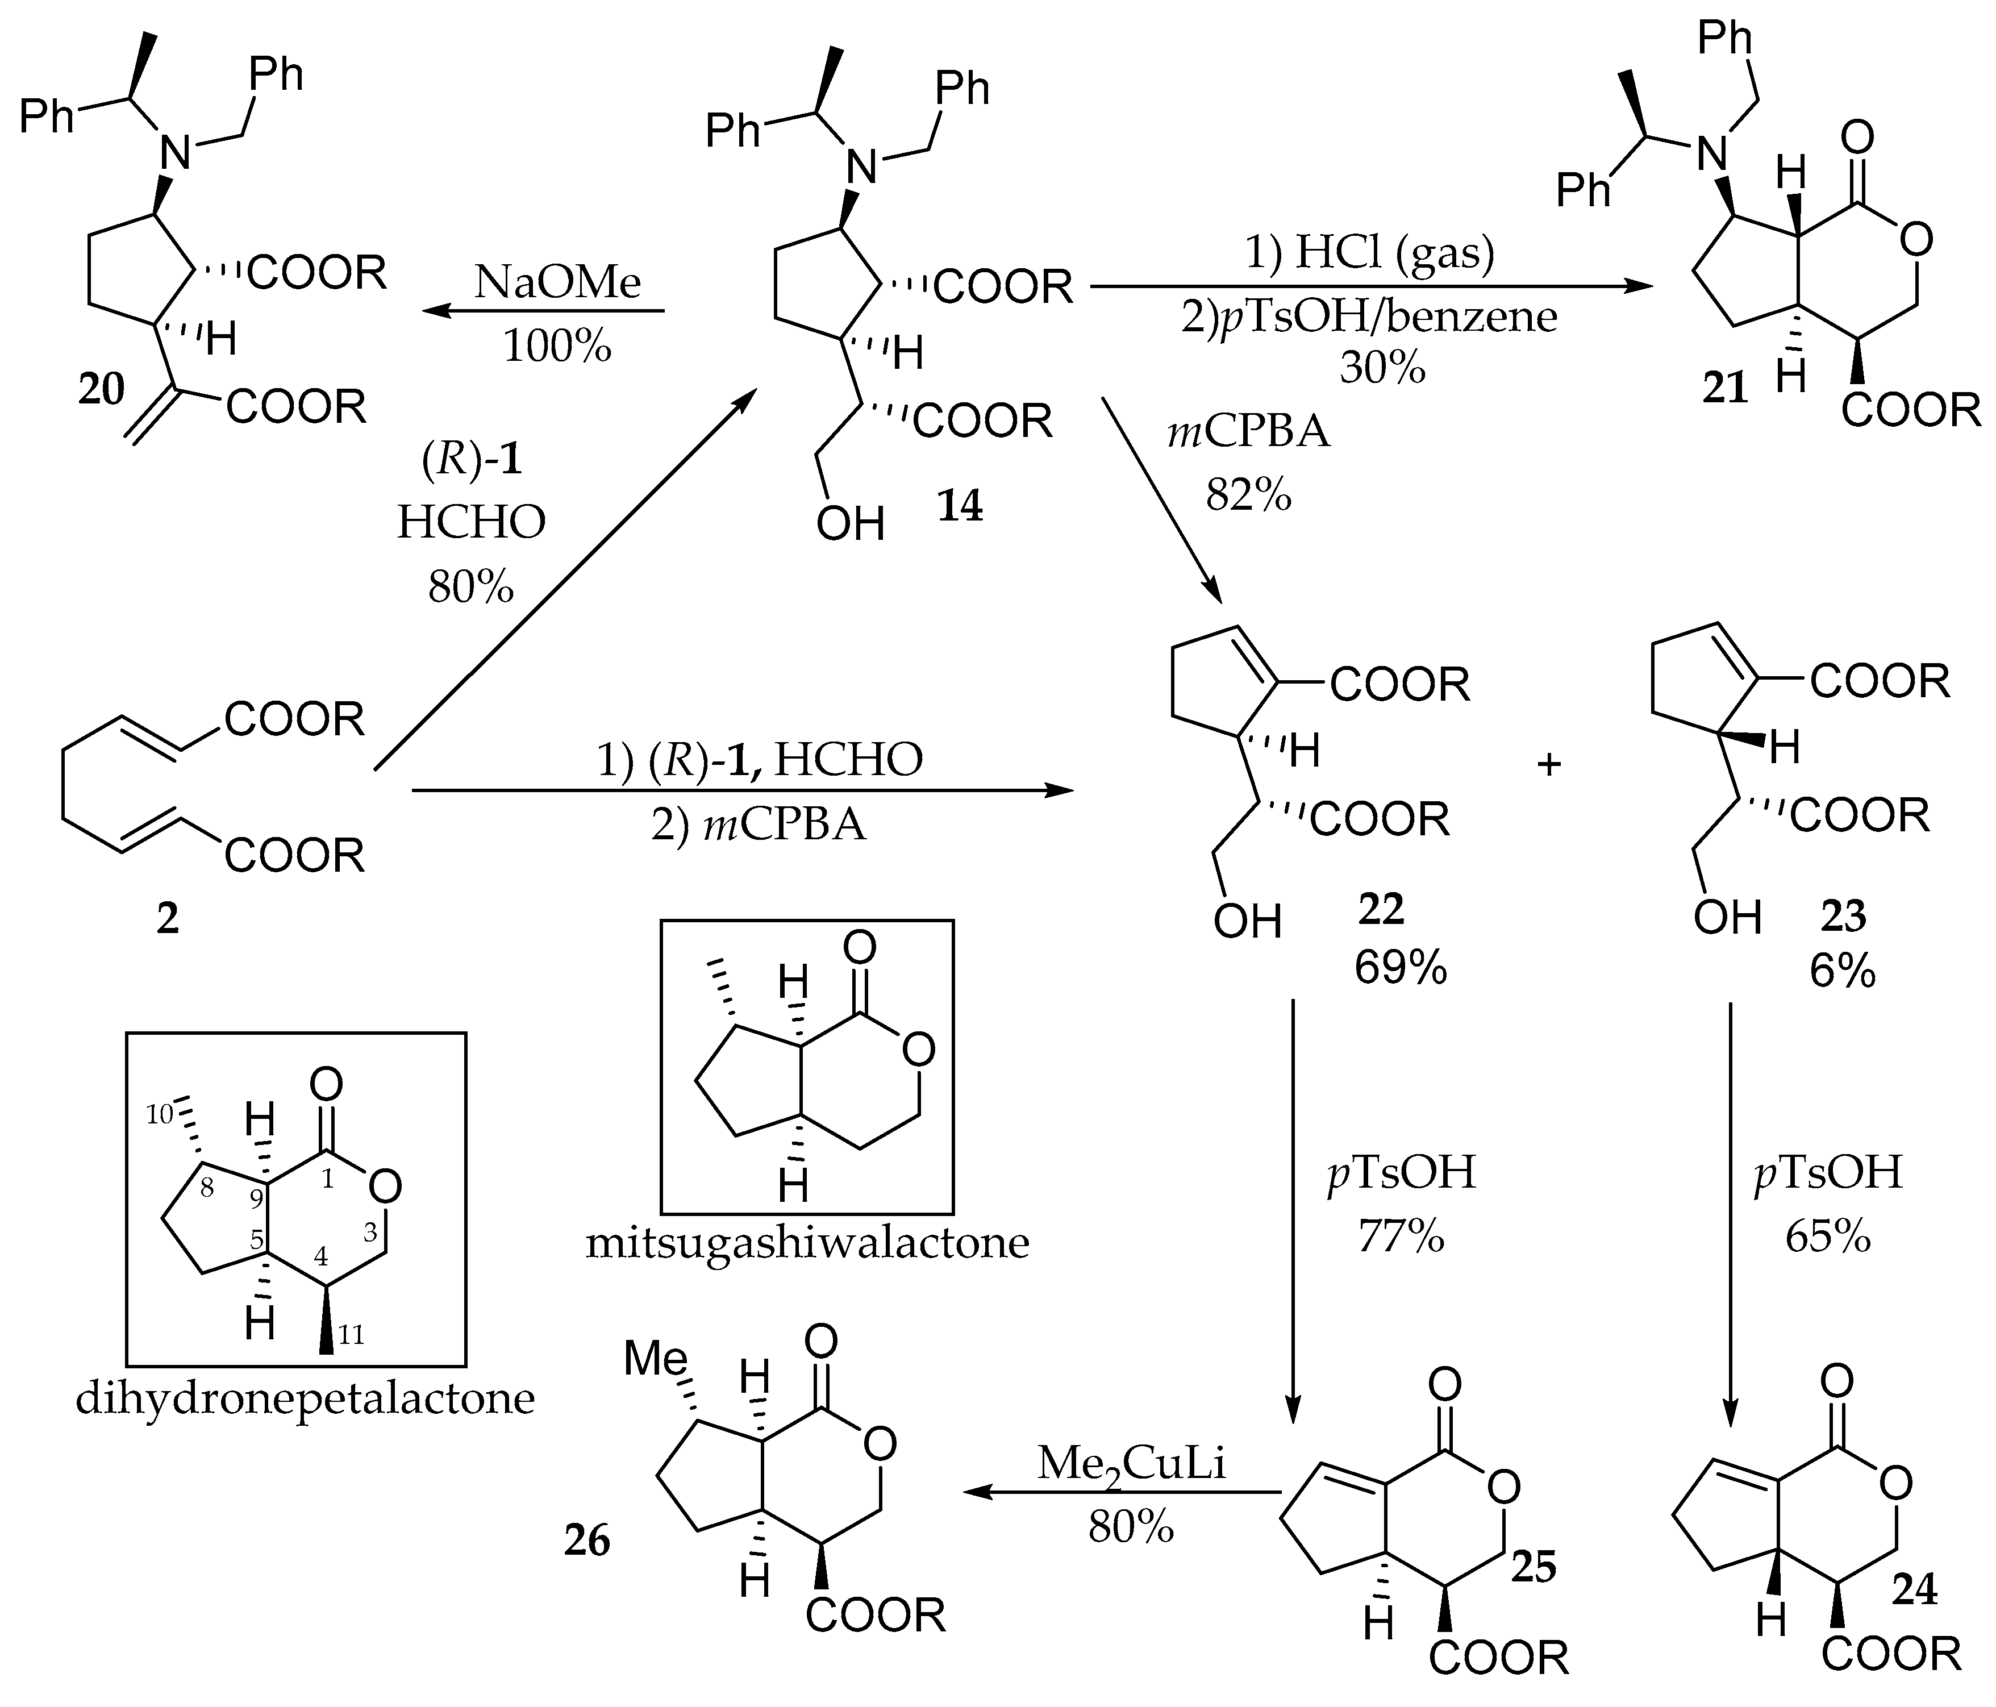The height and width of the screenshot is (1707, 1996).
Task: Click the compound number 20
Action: [101, 389]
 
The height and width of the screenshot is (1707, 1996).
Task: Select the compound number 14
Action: [960, 505]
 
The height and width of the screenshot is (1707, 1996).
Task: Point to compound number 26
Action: [587, 1541]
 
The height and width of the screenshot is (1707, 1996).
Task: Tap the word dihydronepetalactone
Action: [305, 1398]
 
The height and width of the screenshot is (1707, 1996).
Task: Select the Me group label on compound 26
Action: [655, 1359]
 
